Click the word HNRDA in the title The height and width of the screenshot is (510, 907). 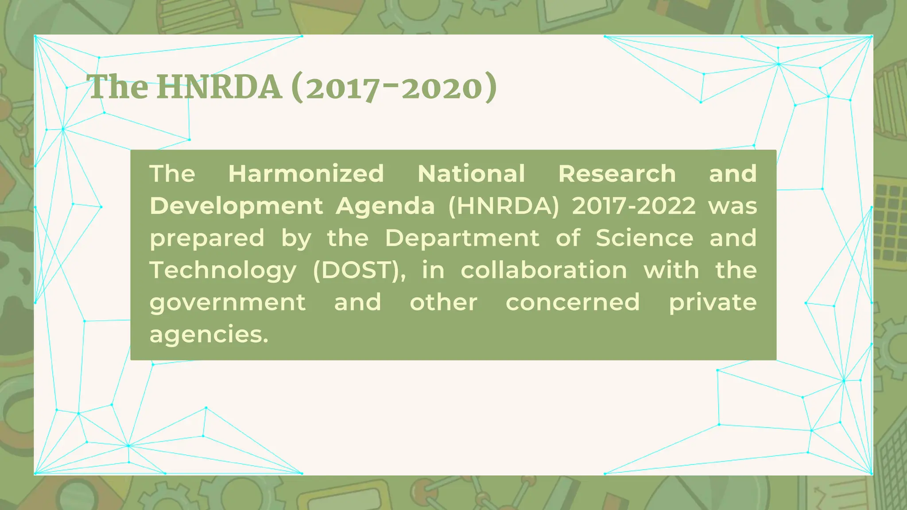coord(219,87)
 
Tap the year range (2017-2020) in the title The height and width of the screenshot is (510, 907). coord(394,88)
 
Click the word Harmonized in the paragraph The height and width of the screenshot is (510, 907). coord(306,174)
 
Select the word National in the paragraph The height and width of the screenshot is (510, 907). coord(471,174)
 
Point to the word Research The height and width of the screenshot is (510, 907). coord(617,174)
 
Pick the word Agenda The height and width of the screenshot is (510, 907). coord(385,206)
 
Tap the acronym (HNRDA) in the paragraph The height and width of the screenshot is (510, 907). coord(504,206)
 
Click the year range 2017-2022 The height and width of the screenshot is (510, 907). coord(634,206)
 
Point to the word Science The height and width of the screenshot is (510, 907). coord(644,238)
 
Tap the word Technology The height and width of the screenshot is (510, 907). coord(223,270)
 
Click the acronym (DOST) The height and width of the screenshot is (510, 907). coord(359,270)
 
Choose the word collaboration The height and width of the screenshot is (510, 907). coord(544,270)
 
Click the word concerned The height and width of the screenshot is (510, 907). coord(573,302)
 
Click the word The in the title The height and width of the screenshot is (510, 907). coord(118,87)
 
